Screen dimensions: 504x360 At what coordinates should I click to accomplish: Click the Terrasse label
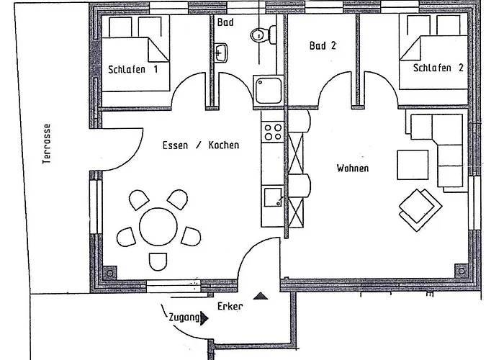pyautogui.click(x=47, y=144)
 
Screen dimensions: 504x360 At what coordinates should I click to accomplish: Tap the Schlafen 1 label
pyautogui.click(x=133, y=69)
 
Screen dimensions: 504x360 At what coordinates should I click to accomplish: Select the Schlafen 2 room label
pyautogui.click(x=438, y=68)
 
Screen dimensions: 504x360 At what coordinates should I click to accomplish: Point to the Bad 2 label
pyautogui.click(x=323, y=45)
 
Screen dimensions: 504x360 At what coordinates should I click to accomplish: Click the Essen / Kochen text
pyautogui.click(x=201, y=145)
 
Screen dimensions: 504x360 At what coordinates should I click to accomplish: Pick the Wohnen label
pyautogui.click(x=353, y=168)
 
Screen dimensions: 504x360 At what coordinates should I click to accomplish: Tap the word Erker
pyautogui.click(x=230, y=306)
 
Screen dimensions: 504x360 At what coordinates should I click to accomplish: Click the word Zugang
pyautogui.click(x=184, y=318)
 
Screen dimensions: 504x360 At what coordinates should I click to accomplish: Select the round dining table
pyautogui.click(x=158, y=227)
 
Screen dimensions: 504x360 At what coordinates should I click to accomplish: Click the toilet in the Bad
pyautogui.click(x=263, y=34)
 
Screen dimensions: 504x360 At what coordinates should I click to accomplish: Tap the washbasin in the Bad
pyautogui.click(x=220, y=53)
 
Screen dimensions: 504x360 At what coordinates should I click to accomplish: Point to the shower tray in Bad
pyautogui.click(x=268, y=90)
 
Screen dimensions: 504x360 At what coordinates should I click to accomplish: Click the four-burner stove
pyautogui.click(x=273, y=132)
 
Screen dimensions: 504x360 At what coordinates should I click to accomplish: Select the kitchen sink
pyautogui.click(x=273, y=197)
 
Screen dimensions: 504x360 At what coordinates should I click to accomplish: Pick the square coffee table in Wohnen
pyautogui.click(x=413, y=165)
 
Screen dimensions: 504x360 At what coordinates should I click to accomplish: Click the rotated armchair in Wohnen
pyautogui.click(x=420, y=210)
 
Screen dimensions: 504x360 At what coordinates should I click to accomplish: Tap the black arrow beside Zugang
pyautogui.click(x=204, y=318)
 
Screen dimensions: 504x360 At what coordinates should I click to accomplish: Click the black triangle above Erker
pyautogui.click(x=261, y=296)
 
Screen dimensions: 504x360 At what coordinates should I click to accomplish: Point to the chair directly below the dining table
pyautogui.click(x=158, y=261)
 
